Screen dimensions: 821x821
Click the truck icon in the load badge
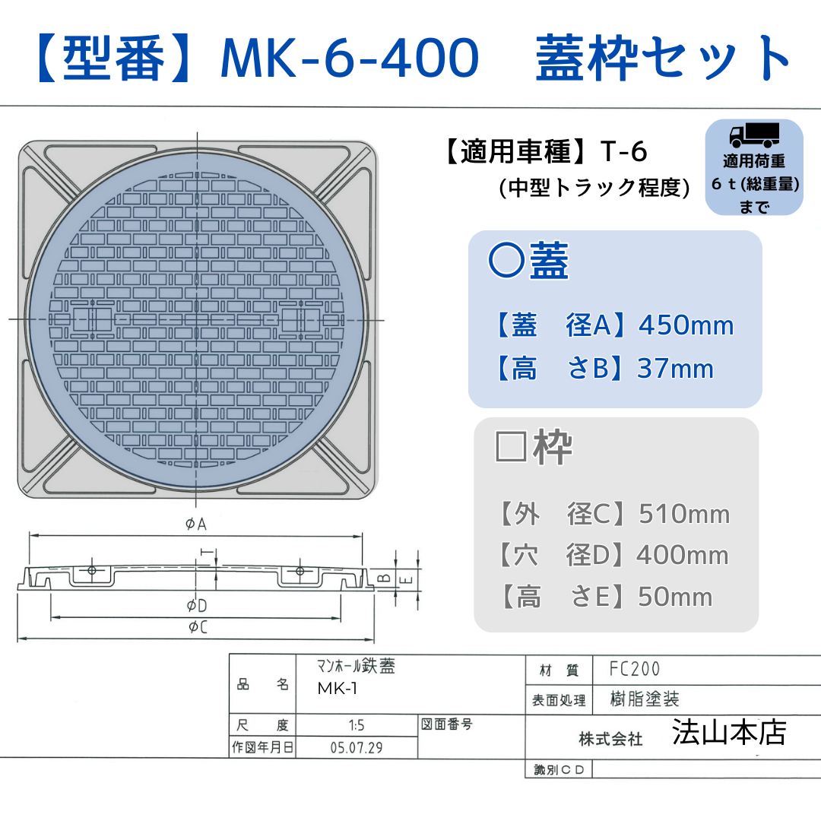pyautogui.click(x=754, y=135)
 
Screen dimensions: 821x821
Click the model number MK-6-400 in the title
pyautogui.click(x=349, y=58)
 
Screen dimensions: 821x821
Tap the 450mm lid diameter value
pyautogui.click(x=686, y=325)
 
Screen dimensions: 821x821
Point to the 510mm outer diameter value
pyautogui.click(x=684, y=515)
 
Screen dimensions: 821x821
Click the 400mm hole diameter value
pyautogui.click(x=683, y=556)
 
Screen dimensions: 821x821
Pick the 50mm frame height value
pyautogui.click(x=675, y=597)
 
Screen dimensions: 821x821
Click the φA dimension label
pyautogui.click(x=196, y=525)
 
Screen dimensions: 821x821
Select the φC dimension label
pyautogui.click(x=198, y=627)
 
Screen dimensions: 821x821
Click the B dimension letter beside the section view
pyautogui.click(x=385, y=579)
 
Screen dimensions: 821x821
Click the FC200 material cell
pyautogui.click(x=635, y=669)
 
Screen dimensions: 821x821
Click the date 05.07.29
pyautogui.click(x=356, y=747)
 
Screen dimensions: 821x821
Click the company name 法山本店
pyautogui.click(x=728, y=732)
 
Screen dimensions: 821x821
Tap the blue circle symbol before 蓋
pyautogui.click(x=506, y=261)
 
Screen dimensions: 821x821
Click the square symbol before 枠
pyautogui.click(x=509, y=448)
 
